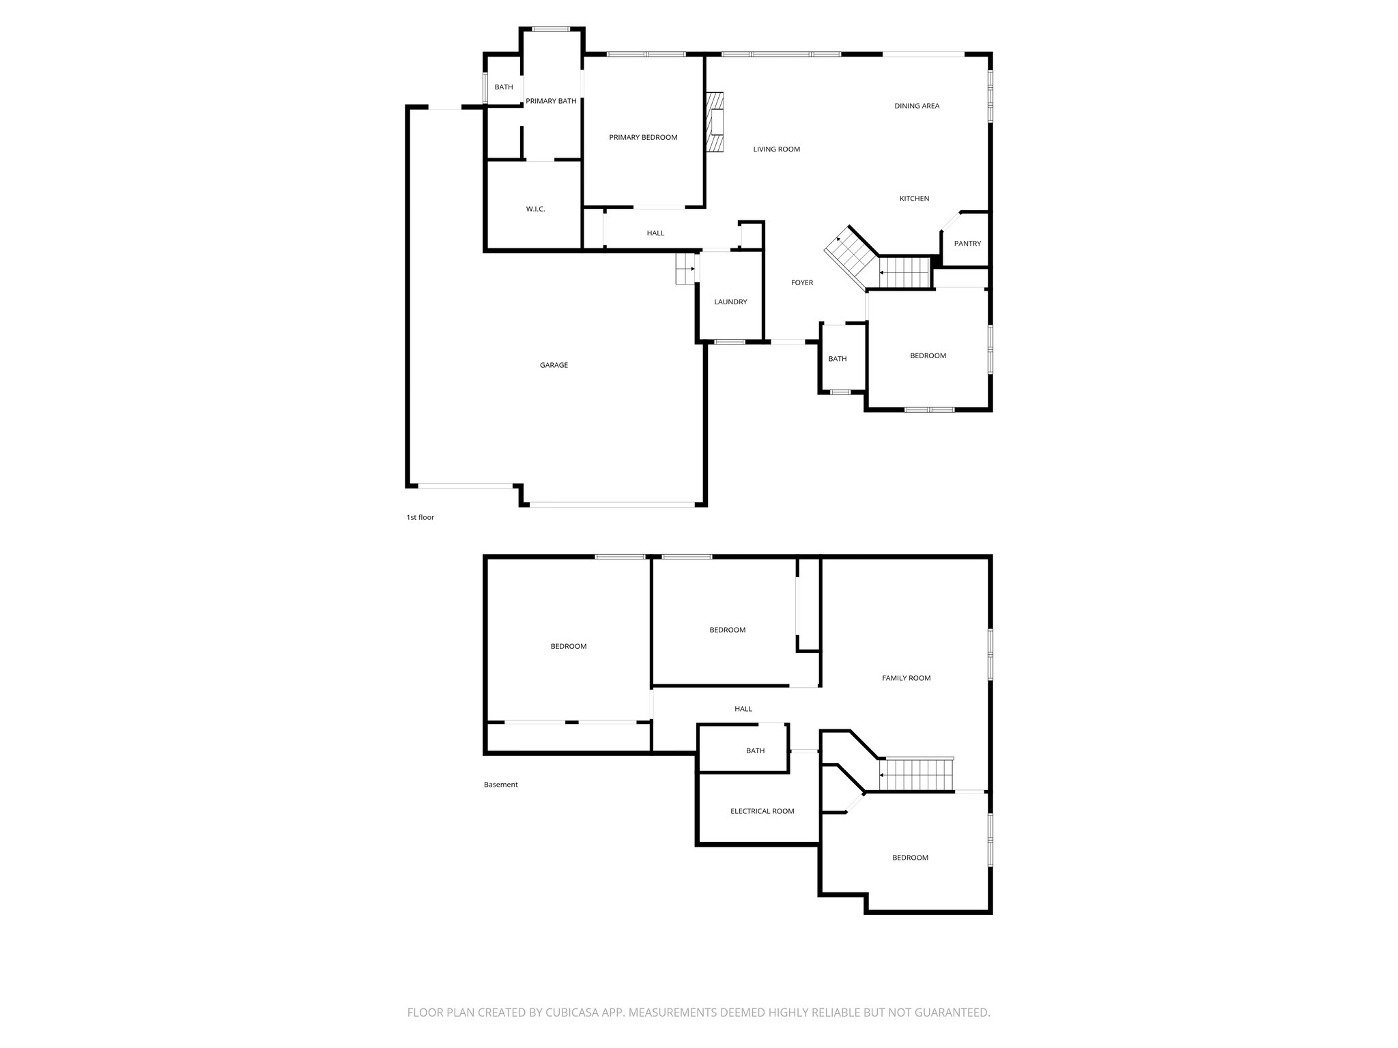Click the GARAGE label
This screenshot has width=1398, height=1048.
tap(554, 365)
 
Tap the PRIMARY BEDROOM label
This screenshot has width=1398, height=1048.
tap(643, 137)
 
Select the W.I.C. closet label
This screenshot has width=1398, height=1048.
tap(535, 209)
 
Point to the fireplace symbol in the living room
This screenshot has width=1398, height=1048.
tap(715, 123)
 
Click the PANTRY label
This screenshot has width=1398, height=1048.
tap(967, 244)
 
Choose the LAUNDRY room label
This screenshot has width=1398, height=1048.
tap(730, 302)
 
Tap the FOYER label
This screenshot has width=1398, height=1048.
tap(802, 282)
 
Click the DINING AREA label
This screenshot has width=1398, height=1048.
tap(917, 106)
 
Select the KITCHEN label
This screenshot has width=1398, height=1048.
tap(914, 199)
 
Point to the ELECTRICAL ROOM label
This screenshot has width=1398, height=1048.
tap(762, 811)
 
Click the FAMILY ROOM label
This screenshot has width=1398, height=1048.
tap(906, 678)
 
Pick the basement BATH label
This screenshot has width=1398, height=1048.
tap(755, 751)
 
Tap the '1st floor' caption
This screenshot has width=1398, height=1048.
tap(420, 517)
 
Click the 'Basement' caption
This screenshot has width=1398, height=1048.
tap(501, 785)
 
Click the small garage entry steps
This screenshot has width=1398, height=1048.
tap(685, 269)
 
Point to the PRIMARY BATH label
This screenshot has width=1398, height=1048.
tap(551, 101)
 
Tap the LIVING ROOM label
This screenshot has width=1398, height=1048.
tap(776, 149)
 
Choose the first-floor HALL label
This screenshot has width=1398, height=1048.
tap(655, 233)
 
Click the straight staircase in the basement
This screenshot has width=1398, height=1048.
tap(915, 775)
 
